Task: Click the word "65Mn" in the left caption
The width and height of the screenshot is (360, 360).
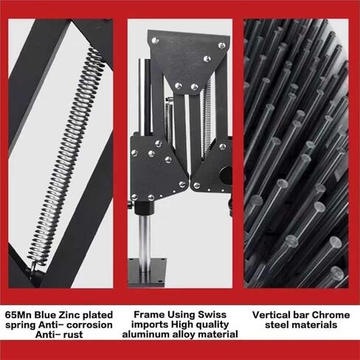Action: pyautogui.click(x=18, y=315)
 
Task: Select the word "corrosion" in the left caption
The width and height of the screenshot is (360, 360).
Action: pyautogui.click(x=89, y=325)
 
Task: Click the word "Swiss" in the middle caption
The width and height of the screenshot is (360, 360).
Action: pyautogui.click(x=212, y=314)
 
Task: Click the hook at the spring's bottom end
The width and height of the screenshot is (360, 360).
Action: pyautogui.click(x=34, y=267)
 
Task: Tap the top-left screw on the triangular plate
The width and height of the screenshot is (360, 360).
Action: pyautogui.click(x=155, y=41)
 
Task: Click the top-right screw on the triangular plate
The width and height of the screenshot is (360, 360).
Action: pyautogui.click(x=222, y=45)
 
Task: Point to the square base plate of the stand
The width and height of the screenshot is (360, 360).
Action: pyautogui.click(x=147, y=272)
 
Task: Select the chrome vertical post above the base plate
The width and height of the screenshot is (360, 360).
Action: pyautogui.click(x=145, y=237)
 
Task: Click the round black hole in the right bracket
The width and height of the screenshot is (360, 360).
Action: pyautogui.click(x=226, y=174)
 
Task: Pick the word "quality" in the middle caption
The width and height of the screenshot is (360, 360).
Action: pyautogui.click(x=212, y=325)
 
